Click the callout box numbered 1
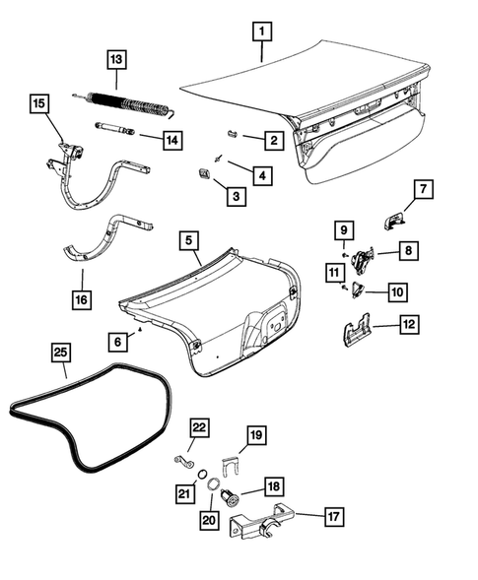(x=261, y=31)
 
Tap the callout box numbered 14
(x=171, y=140)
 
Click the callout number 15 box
(x=38, y=103)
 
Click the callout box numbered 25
(x=60, y=352)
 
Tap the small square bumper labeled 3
(x=203, y=175)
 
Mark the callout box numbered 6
(x=117, y=340)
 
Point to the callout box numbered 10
(x=397, y=292)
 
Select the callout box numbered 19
(x=255, y=435)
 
